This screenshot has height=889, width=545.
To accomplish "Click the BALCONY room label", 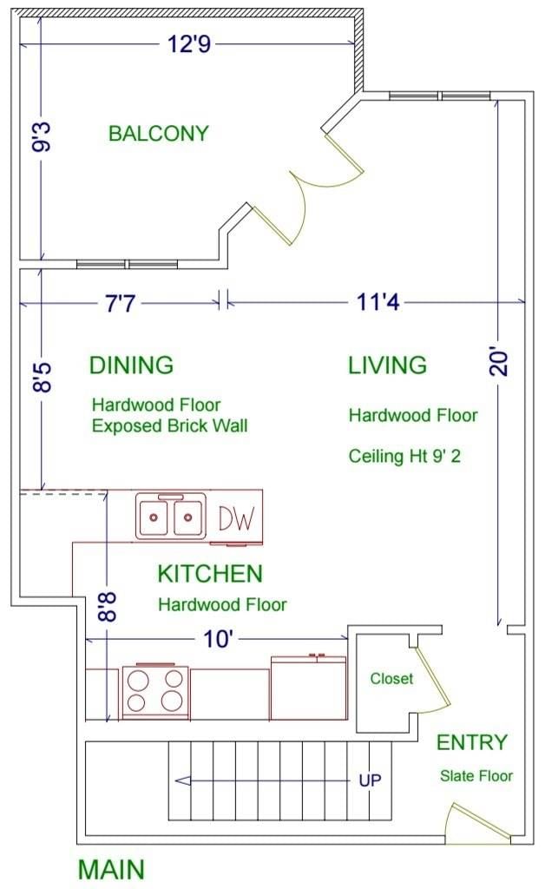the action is point(159,134).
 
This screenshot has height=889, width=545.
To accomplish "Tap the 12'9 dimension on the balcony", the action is point(189,43).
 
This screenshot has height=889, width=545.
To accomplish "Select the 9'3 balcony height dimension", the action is point(42,137).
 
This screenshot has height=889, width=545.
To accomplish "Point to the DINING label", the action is point(131,365).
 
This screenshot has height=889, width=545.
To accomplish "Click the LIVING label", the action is point(388,365).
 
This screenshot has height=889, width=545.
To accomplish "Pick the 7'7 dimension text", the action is point(120,304).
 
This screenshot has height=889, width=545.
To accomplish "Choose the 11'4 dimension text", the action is point(378,301).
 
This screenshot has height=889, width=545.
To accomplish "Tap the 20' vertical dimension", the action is point(498,362).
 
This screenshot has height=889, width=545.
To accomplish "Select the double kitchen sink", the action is point(170,516).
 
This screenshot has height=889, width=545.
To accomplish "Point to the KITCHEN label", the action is point(210,574).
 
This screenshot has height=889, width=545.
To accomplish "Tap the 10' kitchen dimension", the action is point(218,640).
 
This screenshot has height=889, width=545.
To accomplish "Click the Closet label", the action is point(391,679).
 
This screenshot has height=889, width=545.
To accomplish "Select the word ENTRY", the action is point(472,743).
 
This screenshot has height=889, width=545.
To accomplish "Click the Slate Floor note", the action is point(476,776).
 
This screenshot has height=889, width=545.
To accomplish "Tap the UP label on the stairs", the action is point(370,780).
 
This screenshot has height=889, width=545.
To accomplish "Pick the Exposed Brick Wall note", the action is point(170,425).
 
